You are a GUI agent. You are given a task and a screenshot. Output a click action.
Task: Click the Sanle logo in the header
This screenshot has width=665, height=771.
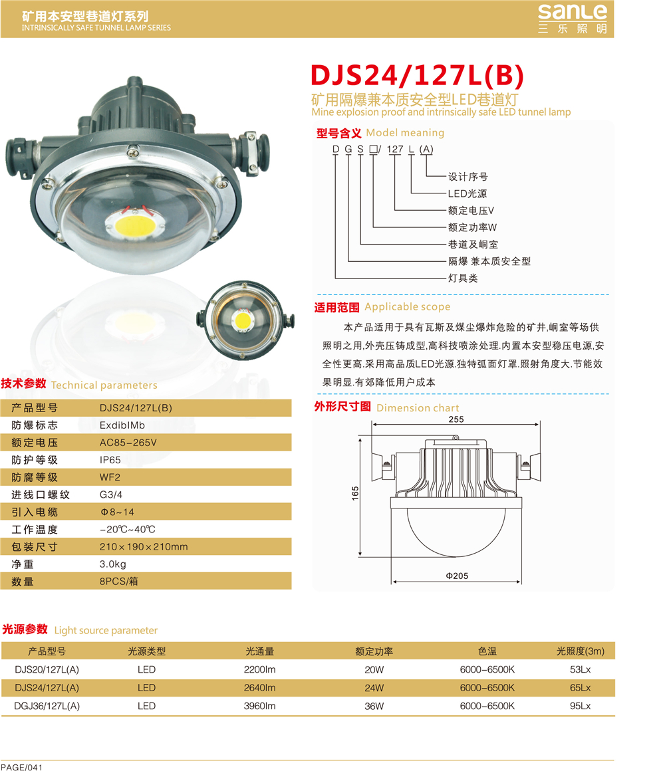coord(573,19)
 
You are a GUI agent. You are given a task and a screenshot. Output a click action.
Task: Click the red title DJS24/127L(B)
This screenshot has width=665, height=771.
coord(417,76)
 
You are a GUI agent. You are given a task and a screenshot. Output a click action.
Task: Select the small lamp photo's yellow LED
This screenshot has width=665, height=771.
coord(243,320)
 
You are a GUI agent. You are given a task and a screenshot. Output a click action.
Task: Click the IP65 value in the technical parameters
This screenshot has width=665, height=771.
coord(110,460)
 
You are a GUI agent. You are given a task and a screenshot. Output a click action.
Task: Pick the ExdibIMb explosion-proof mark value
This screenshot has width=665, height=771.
coord(122,425)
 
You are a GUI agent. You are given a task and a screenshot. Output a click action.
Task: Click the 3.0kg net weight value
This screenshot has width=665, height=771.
coord(112,564)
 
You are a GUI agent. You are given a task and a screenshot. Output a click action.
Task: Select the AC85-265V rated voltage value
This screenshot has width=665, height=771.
coord(128,443)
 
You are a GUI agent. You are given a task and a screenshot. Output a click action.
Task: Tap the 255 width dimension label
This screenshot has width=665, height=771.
coord(456,419)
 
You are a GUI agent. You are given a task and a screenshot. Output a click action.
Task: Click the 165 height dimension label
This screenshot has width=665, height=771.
coord(355,493)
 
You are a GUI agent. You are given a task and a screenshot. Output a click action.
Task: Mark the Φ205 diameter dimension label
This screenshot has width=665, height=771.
coord(457,576)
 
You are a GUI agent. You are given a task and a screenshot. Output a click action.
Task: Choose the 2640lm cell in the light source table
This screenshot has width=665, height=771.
coord(260,688)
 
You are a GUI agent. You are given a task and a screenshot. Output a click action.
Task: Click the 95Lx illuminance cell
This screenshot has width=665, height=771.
coord(581,706)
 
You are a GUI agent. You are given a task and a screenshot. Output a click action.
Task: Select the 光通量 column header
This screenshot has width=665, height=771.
coord(260,651)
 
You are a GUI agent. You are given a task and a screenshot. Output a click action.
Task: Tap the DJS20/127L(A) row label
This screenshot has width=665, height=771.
coord(47,670)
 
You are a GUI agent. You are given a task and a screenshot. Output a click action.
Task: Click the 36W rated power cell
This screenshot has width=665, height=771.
coord(374,706)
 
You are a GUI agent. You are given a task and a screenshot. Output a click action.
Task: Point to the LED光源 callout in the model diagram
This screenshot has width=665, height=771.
coord(467,193)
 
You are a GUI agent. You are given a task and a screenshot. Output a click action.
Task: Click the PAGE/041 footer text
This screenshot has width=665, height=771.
coord(22,767)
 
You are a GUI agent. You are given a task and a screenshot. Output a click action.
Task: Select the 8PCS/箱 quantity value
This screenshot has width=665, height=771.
coord(118,581)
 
